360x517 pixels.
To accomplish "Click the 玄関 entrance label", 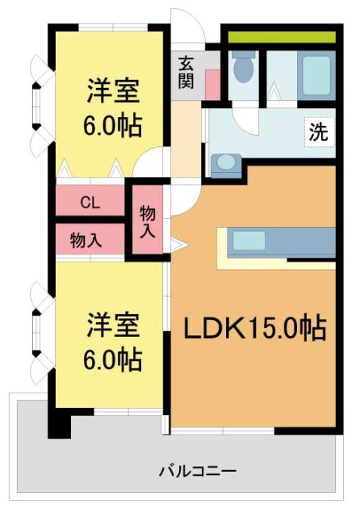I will pyautogui.click(x=186, y=72).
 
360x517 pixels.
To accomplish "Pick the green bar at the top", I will pyautogui.click(x=281, y=37).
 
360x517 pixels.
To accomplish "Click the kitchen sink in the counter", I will pyautogui.click(x=249, y=240).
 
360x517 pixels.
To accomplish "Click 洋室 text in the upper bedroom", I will pyautogui.click(x=112, y=90).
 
